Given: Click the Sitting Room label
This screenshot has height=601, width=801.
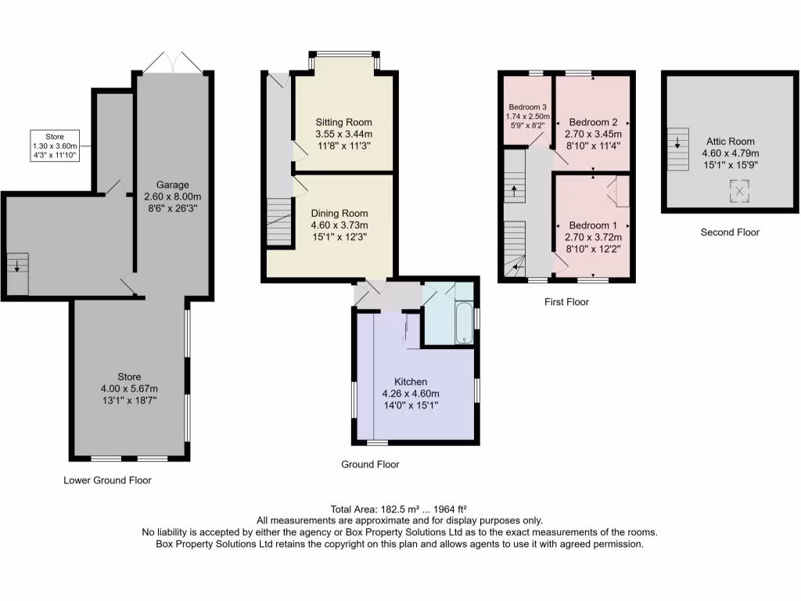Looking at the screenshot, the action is click(343, 123).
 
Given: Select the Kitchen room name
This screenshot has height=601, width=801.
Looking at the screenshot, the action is click(410, 382).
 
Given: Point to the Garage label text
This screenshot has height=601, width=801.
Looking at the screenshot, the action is click(171, 185).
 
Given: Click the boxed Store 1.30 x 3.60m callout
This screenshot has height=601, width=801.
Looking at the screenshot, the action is click(55, 146).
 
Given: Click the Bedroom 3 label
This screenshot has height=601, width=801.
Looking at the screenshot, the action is click(528, 107).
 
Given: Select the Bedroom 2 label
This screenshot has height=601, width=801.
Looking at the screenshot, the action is click(593, 123).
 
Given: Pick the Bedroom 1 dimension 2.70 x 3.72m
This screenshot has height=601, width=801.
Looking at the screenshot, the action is click(593, 237).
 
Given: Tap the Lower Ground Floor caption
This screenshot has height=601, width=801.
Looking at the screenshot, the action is click(107, 480).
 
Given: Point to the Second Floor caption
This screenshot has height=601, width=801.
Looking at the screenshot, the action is click(729, 232).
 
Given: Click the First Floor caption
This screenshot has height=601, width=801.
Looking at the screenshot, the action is click(566, 302).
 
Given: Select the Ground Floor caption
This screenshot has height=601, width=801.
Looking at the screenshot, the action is click(370, 465).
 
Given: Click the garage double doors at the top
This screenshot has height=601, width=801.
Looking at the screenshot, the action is click(174, 63).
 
